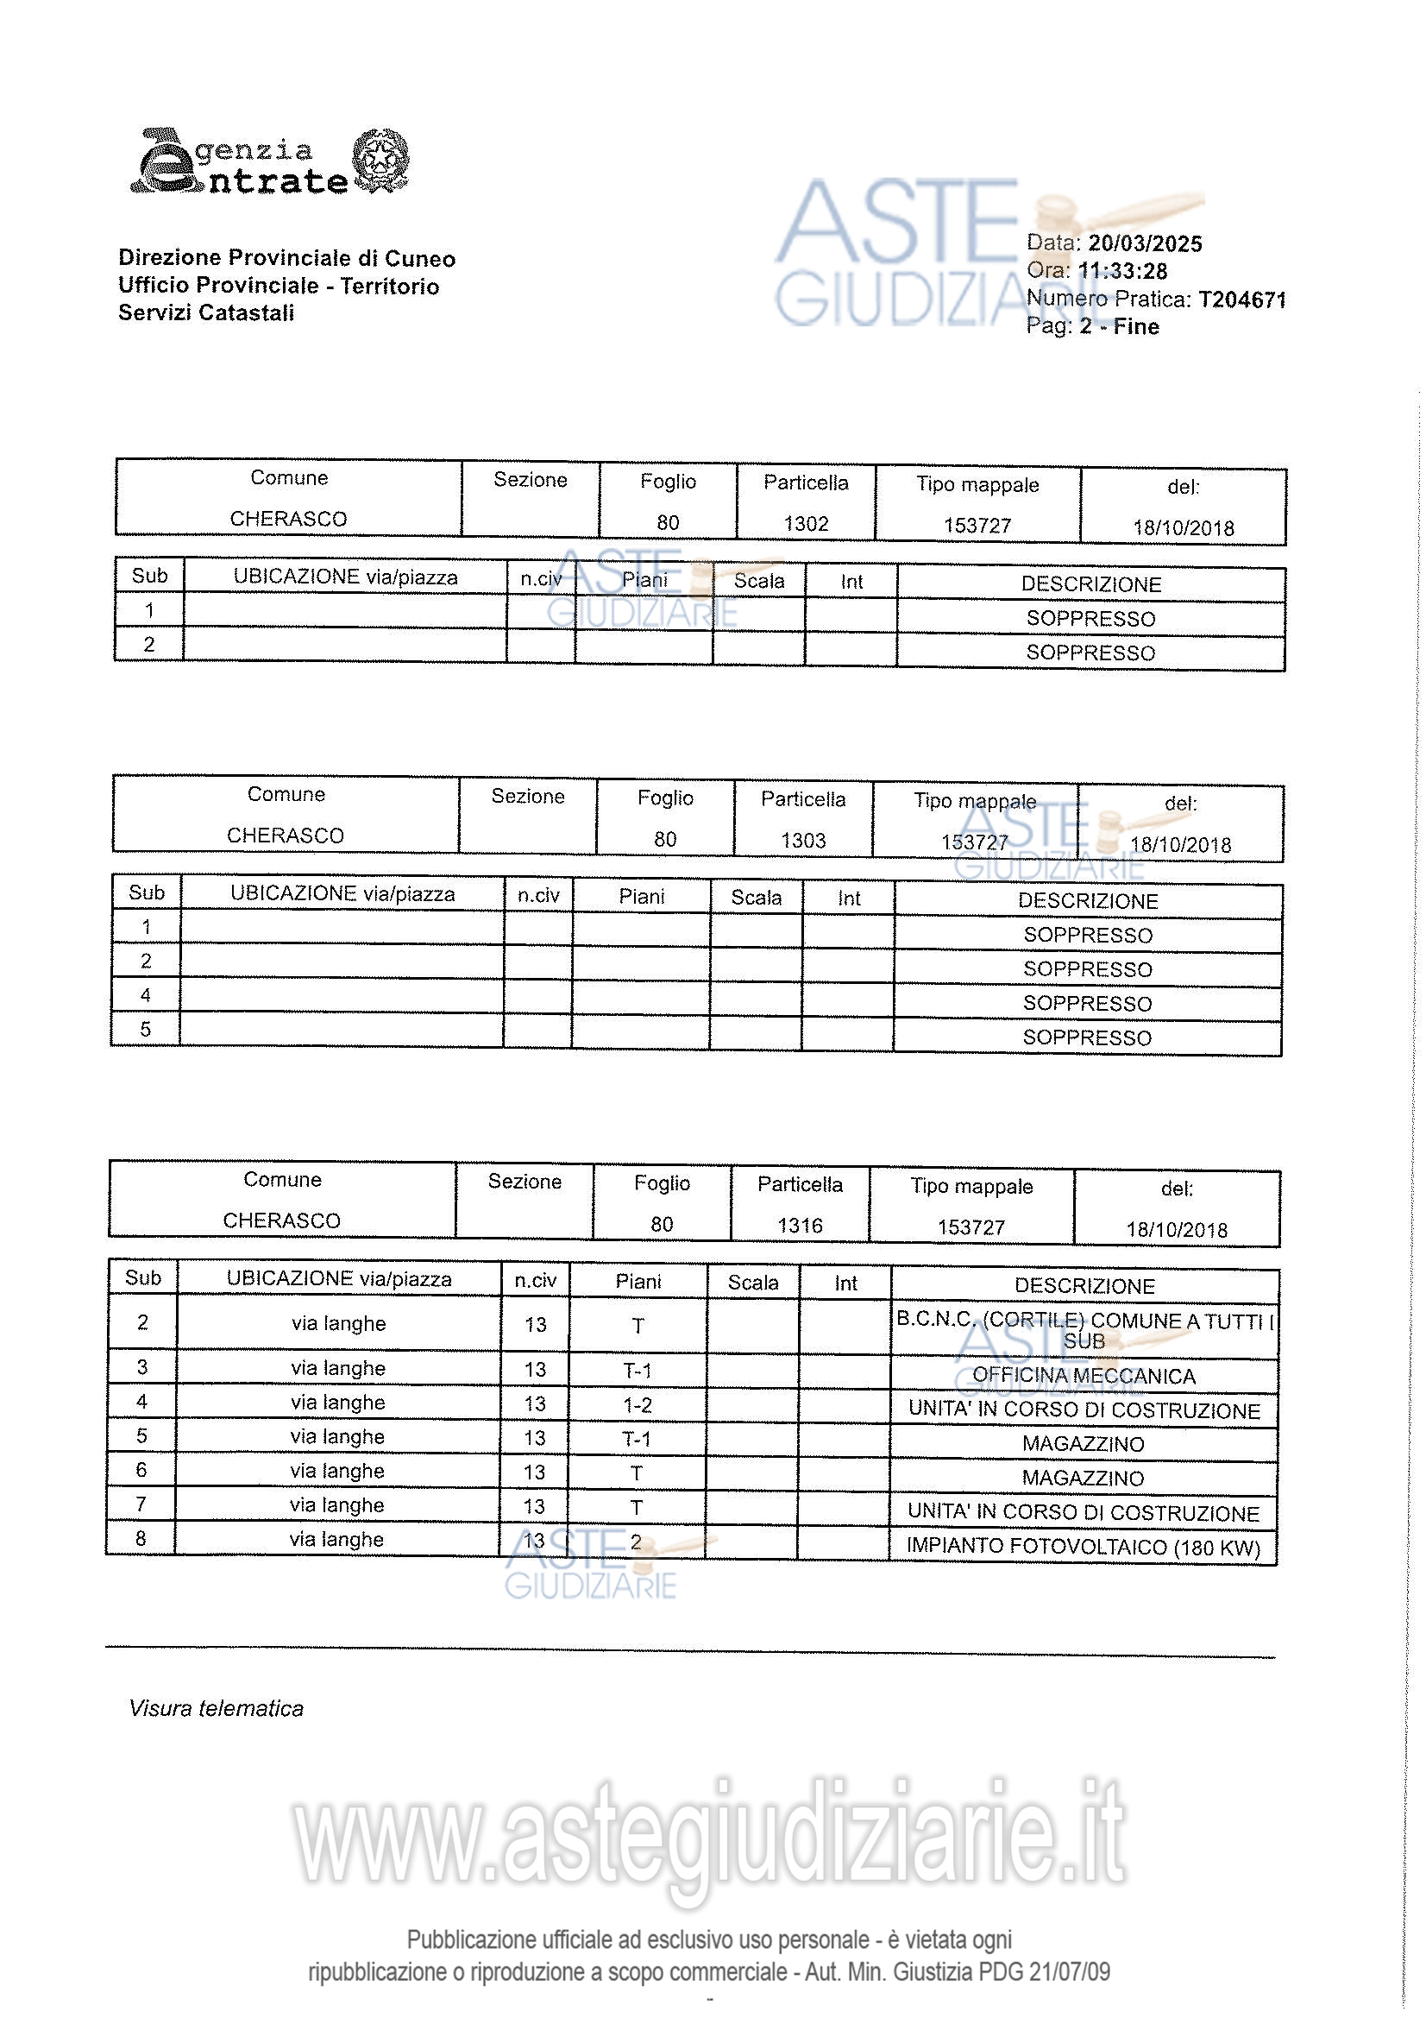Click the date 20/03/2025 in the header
[1144, 243]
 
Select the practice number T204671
[1241, 300]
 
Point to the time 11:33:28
[1122, 272]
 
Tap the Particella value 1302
[806, 524]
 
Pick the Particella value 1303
[803, 840]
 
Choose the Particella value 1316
[800, 1226]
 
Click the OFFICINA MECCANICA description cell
[1084, 1377]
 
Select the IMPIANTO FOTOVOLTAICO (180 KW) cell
[1083, 1547]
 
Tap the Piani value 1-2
[637, 1404]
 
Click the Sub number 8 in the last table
[141, 1538]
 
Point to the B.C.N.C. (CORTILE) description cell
[1084, 1330]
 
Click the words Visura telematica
[217, 1709]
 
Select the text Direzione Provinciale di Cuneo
[286, 258]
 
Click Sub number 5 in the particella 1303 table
[146, 1029]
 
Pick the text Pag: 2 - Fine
[1092, 327]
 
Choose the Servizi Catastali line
[206, 313]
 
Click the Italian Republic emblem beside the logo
[380, 160]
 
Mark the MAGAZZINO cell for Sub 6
[1083, 1479]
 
